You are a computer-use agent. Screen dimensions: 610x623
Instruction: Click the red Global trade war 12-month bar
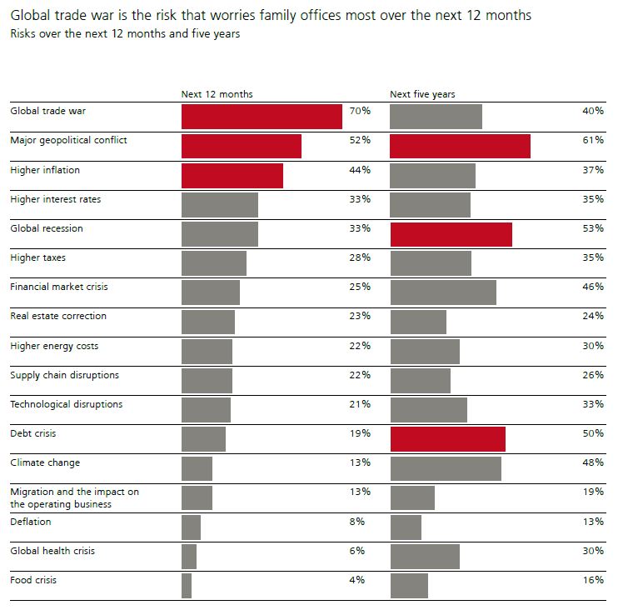[262, 117]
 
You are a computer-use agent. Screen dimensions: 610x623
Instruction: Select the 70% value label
[360, 111]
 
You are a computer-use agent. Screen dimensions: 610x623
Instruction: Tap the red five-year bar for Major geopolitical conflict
[460, 146]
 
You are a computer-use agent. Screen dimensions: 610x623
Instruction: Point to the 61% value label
[593, 140]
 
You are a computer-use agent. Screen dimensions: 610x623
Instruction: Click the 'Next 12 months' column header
[217, 94]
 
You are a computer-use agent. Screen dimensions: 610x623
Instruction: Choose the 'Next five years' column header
[422, 94]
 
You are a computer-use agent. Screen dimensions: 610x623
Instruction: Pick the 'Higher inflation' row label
[45, 170]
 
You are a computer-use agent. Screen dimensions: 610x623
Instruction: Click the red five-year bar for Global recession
[451, 234]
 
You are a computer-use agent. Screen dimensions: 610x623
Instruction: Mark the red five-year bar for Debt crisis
[447, 439]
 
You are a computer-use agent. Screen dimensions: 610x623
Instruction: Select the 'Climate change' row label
[46, 462]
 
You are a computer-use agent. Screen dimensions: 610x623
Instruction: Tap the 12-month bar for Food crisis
[187, 586]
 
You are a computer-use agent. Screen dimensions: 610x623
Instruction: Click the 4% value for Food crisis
[357, 580]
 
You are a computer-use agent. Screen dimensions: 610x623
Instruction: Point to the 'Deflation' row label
[31, 522]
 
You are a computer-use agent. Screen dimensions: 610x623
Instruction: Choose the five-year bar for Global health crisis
[425, 557]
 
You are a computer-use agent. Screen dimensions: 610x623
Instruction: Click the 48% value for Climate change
[593, 462]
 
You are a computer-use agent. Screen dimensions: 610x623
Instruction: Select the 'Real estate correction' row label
[58, 316]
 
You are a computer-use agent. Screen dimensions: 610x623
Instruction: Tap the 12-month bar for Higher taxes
[214, 263]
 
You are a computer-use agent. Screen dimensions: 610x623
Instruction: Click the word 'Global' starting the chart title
[30, 16]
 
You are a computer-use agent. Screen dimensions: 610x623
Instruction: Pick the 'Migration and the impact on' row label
[74, 492]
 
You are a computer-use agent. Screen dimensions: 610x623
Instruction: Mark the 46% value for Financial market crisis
[593, 287]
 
